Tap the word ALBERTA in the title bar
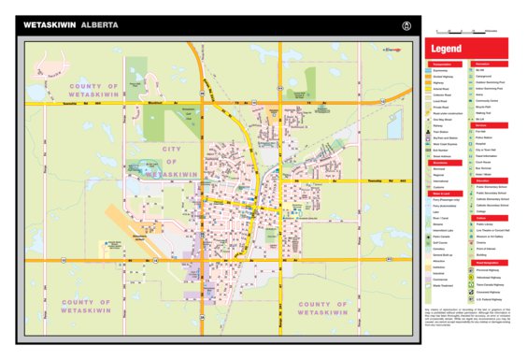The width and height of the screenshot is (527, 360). [x=99, y=25]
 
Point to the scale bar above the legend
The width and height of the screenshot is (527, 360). [x=472, y=32]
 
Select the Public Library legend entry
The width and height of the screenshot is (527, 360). [x=484, y=224]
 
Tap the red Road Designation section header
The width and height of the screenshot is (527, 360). [x=488, y=263]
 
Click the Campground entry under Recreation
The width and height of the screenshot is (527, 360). [x=484, y=76]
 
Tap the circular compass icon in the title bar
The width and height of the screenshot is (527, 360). [x=406, y=24]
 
